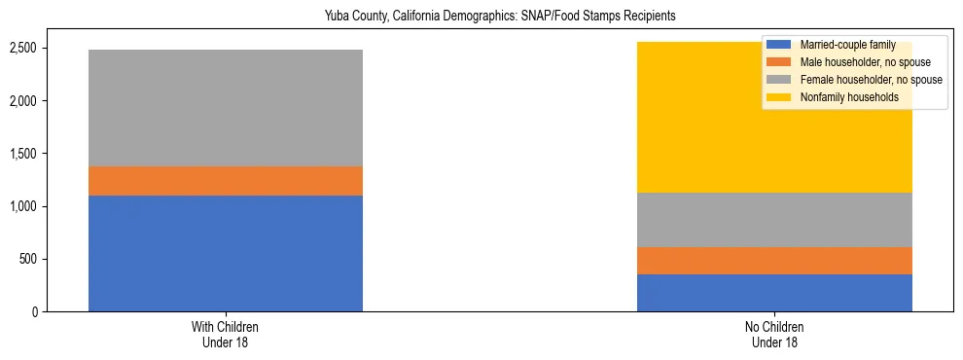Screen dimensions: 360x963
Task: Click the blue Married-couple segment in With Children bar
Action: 225,253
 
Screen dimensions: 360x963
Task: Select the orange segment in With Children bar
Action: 225,181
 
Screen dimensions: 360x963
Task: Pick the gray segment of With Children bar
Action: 225,108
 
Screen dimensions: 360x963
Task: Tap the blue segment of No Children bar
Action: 774,293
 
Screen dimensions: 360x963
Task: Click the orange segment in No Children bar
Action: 774,261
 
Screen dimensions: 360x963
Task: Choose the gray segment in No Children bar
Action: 774,220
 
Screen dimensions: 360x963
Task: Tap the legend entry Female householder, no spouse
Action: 869,80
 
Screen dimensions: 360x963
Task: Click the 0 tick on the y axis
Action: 35,312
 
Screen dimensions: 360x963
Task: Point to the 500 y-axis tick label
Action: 29,260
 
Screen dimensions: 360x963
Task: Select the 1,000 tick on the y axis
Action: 24,206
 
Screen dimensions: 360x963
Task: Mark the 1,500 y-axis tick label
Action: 24,154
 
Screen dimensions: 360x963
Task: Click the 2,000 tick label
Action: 24,101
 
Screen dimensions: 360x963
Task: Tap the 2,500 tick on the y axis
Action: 24,49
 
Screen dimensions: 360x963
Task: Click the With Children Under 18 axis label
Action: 225,335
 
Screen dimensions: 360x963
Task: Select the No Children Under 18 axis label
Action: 774,335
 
